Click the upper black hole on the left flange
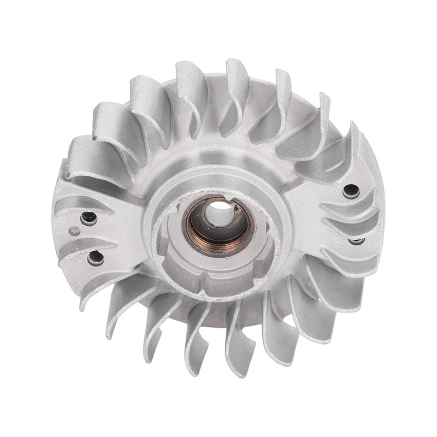tap(88, 218)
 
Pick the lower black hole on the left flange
tap(96, 257)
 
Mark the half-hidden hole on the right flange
tap(356, 240)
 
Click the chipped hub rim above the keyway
tap(240, 188)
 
